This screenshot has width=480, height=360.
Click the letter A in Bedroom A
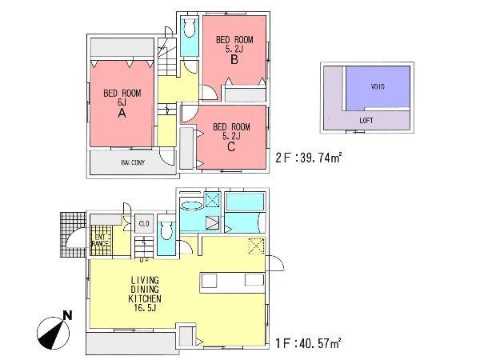tap(122, 114)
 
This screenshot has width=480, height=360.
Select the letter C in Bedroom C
tap(231, 145)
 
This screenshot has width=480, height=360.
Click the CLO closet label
tap(144, 223)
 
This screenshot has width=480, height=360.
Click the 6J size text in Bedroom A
tap(122, 103)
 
